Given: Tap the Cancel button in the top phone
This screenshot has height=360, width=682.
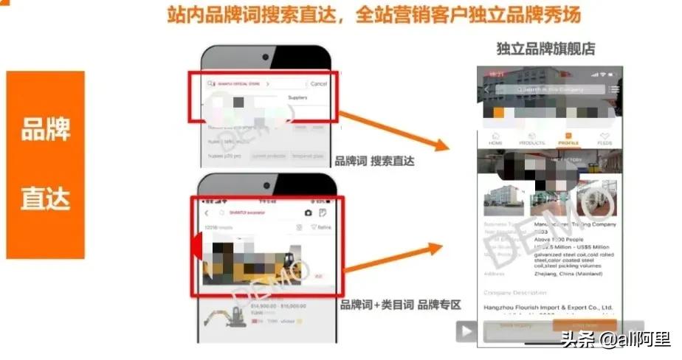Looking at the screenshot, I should pos(318,84).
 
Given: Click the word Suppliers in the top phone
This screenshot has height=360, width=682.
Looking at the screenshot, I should pos(297,97).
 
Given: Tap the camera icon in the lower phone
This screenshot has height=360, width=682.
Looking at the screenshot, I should pos(308,212).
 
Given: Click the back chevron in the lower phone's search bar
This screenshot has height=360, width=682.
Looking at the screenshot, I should pos(207,213).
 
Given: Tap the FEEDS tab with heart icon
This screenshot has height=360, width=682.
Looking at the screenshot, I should pos(604,139).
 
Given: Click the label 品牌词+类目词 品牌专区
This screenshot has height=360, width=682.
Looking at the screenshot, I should pos(399,304).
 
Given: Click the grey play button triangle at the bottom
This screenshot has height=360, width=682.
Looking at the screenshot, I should pos(466,331).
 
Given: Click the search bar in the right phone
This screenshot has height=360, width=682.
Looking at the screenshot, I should pos(551,89).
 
